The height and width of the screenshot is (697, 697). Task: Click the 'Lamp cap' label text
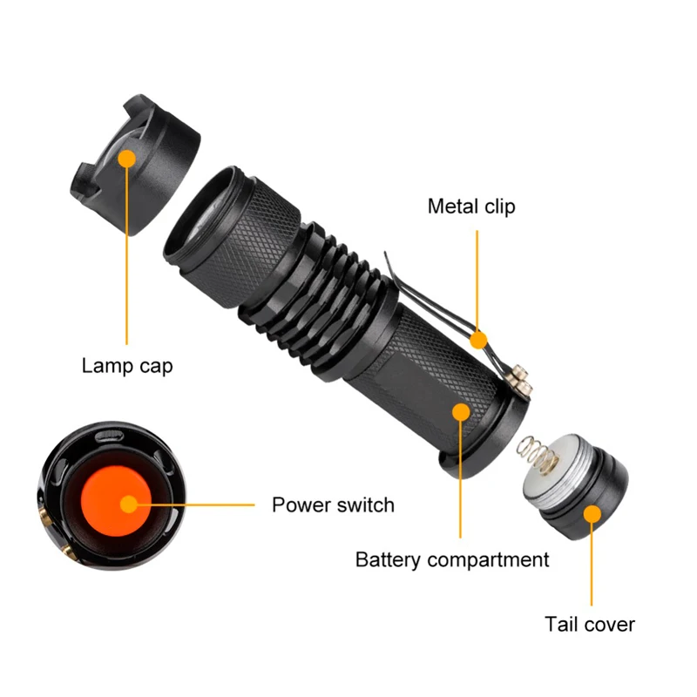[127, 365]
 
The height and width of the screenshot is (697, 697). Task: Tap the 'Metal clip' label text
[471, 206]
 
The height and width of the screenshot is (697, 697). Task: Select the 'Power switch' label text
[333, 504]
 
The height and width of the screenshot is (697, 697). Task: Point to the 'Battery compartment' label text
[452, 559]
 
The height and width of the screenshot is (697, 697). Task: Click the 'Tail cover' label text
[590, 624]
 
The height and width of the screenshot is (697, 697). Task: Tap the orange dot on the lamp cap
[127, 159]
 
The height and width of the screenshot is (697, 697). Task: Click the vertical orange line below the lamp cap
[127, 261]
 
